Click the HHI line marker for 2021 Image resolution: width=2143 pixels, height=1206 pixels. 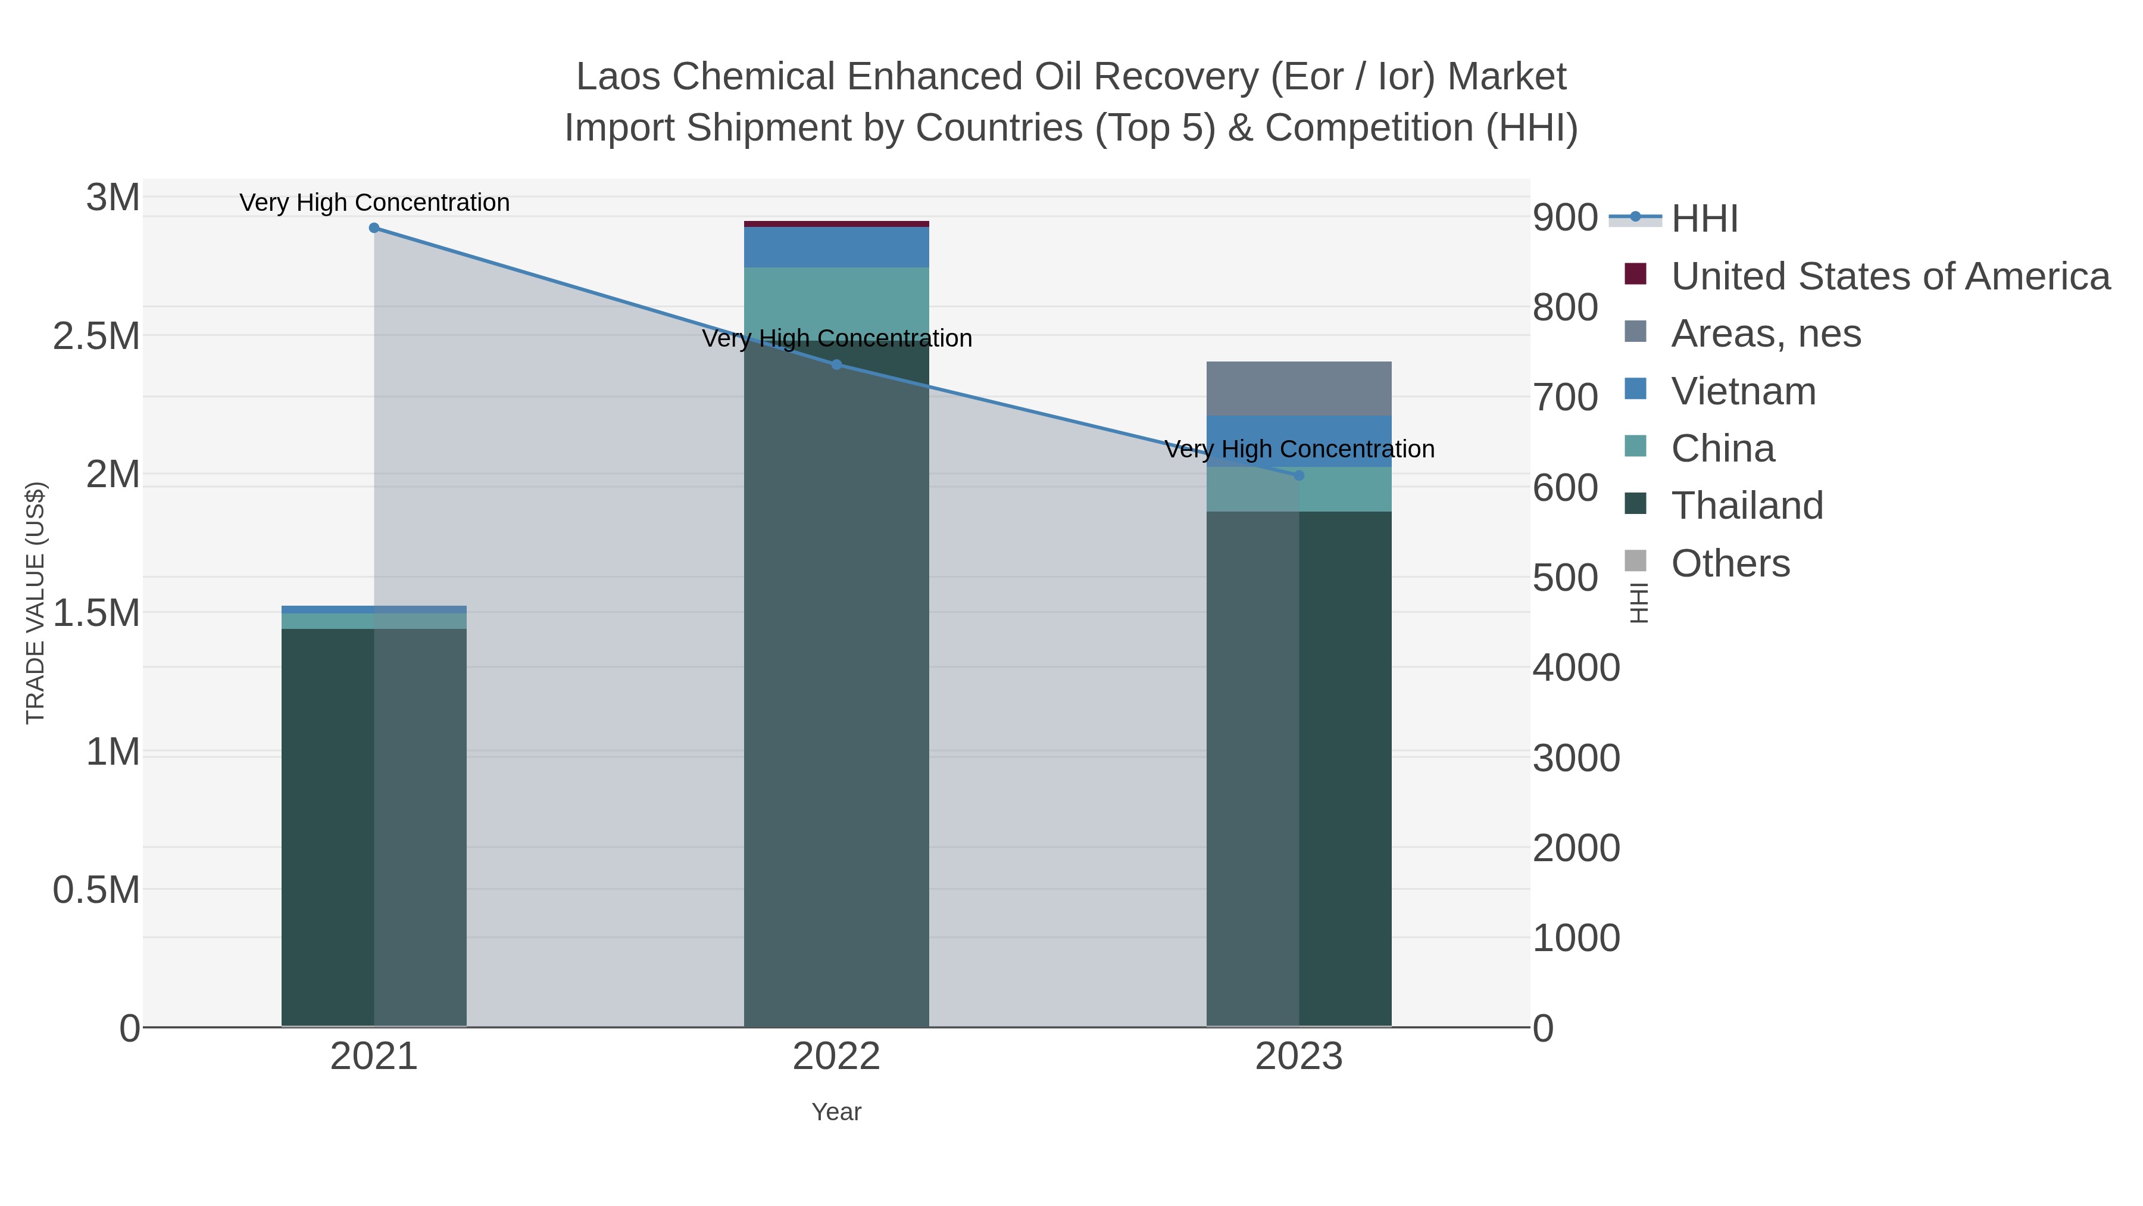374,228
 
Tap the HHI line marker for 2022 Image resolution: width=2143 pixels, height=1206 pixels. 837,364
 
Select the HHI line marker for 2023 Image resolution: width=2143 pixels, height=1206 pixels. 1299,475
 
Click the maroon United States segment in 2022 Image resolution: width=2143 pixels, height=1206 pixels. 836,224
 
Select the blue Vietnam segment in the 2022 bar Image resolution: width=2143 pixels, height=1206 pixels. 836,247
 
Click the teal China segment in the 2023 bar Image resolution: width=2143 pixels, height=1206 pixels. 1345,490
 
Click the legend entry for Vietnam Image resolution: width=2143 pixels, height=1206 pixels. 1743,391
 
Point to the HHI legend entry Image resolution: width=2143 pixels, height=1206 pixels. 1704,219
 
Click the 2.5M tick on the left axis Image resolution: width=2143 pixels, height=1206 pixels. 96,337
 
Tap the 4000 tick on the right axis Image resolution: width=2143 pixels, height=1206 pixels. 1576,668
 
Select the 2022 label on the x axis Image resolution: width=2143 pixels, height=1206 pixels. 836,1058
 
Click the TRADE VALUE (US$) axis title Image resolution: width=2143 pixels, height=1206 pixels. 35,603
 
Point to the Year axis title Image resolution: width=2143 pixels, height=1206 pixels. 836,1112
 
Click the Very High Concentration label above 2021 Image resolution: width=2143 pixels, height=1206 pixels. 374,202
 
